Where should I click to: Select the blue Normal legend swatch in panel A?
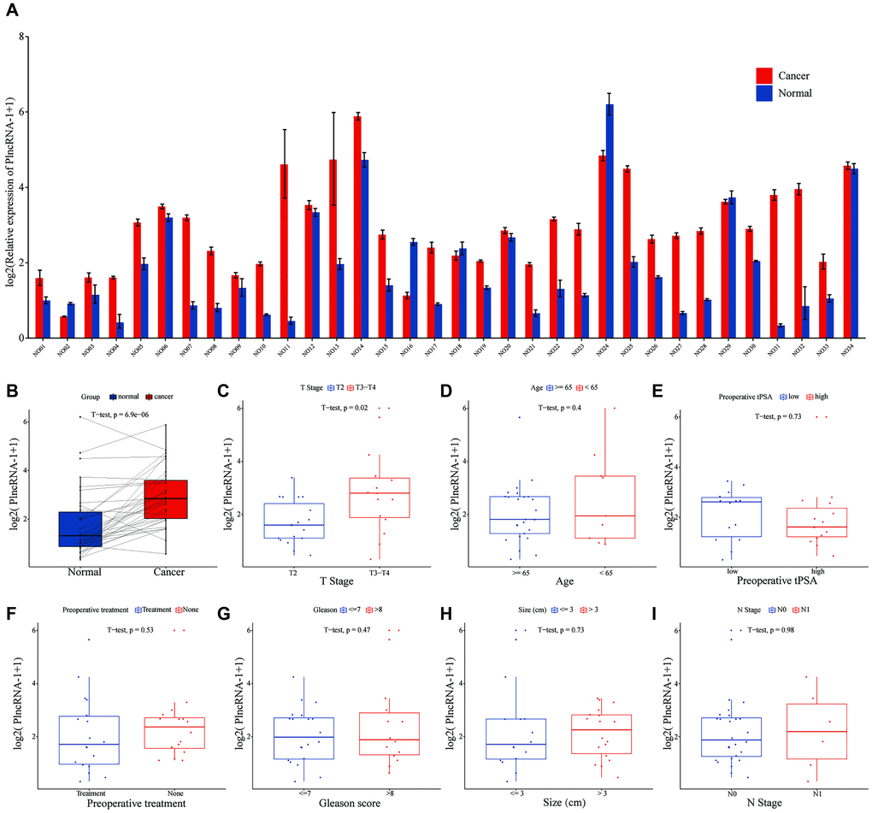click(764, 92)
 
